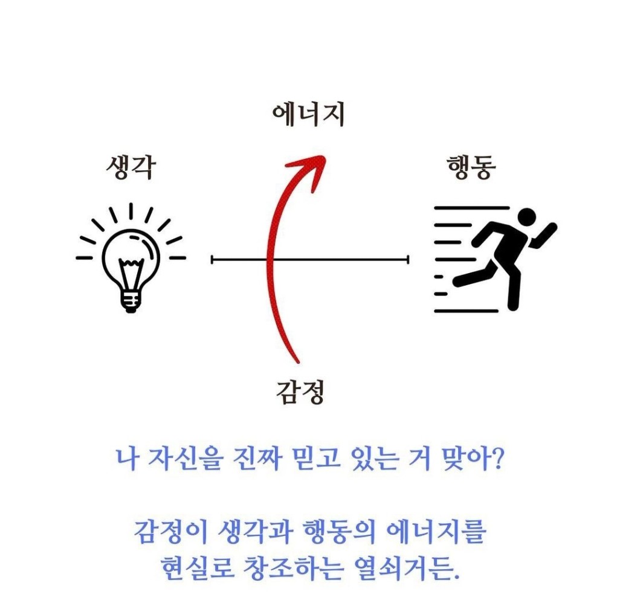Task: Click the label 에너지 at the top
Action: (308, 115)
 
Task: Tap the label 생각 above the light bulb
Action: (131, 167)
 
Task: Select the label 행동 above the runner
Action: (471, 167)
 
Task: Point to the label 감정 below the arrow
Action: (300, 392)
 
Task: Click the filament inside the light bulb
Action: (131, 273)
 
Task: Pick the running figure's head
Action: (527, 218)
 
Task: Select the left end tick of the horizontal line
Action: (212, 260)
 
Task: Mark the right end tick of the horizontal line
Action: (408, 260)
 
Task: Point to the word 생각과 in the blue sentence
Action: (256, 532)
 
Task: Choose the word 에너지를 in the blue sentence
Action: (435, 532)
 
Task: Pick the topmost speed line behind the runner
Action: (472, 208)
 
